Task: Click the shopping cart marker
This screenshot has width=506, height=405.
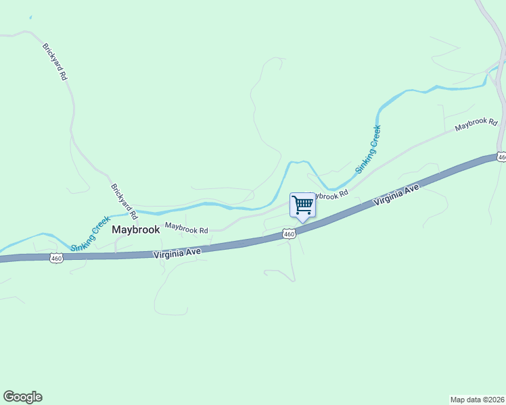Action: click(302, 205)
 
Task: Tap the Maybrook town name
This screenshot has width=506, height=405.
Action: click(136, 230)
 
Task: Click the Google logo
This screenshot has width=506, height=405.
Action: click(22, 397)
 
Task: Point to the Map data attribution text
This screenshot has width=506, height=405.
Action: click(477, 399)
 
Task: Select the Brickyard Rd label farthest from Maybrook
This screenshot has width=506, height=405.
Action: click(55, 63)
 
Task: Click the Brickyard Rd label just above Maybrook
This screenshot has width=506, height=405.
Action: click(124, 202)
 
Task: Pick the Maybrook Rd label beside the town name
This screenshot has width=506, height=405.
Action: click(187, 229)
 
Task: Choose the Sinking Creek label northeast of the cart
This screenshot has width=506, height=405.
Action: click(369, 148)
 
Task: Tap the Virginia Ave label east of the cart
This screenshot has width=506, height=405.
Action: click(398, 196)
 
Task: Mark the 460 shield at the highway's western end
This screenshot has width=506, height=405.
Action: click(57, 258)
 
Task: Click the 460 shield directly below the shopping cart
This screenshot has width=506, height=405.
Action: click(289, 234)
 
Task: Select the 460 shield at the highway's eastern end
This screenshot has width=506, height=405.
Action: click(501, 157)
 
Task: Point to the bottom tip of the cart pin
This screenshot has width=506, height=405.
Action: click(302, 222)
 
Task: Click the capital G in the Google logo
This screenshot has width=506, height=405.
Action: click(9, 397)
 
